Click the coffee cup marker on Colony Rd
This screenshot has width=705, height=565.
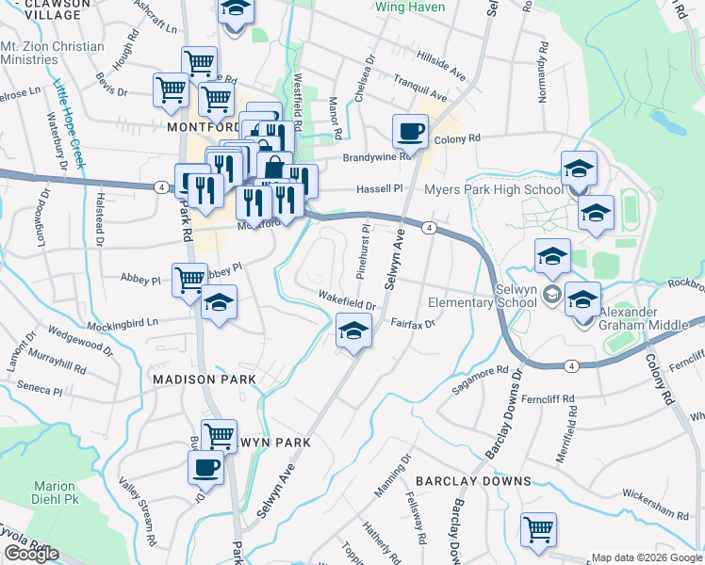[410, 132]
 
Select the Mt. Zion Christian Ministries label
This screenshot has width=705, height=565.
[52, 53]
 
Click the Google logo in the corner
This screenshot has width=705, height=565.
[31, 554]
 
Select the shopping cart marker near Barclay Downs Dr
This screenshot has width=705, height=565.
[538, 529]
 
